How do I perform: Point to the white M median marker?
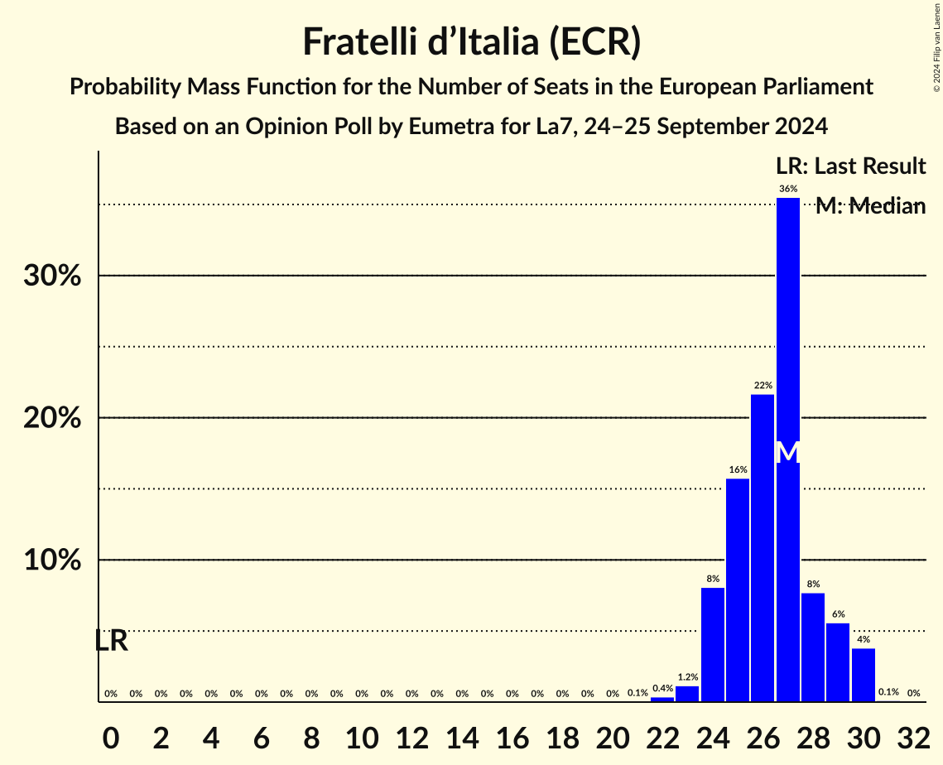click(788, 452)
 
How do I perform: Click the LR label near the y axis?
click(110, 640)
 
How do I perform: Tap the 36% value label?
click(788, 189)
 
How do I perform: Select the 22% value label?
click(763, 386)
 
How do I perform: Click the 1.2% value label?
click(687, 677)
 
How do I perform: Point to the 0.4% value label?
click(662, 688)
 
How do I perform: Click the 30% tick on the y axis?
click(52, 276)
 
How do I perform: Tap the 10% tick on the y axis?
click(52, 561)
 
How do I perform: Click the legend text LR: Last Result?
click(850, 166)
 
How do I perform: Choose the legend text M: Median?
click(870, 206)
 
